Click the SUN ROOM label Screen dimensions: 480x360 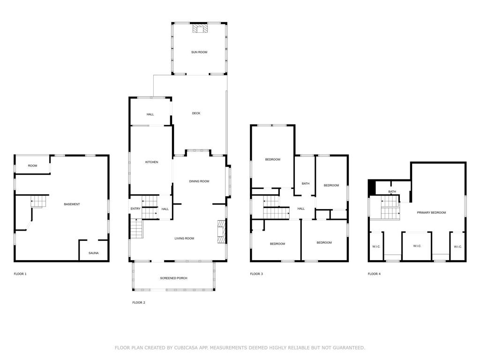(x=199, y=52)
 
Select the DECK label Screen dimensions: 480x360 (x=196, y=113)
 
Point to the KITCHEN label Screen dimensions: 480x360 (x=151, y=162)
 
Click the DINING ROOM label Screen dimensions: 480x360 (x=199, y=181)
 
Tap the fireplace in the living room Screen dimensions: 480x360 (x=222, y=232)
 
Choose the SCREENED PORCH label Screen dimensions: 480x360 (x=173, y=278)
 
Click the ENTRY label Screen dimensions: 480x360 (x=135, y=209)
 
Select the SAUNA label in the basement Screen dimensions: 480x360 (x=93, y=253)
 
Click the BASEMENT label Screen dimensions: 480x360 (x=72, y=204)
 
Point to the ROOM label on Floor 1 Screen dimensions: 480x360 (x=32, y=165)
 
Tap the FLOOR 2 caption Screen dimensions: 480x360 (x=139, y=303)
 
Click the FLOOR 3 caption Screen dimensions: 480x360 (x=256, y=274)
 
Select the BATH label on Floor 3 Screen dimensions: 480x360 (x=306, y=184)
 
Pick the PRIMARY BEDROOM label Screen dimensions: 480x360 (x=431, y=212)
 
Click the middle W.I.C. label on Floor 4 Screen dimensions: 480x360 (x=417, y=246)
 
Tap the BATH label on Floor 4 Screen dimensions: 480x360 (x=392, y=192)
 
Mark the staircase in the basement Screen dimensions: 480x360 (x=38, y=202)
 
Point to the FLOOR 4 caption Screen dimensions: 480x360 (x=374, y=274)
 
